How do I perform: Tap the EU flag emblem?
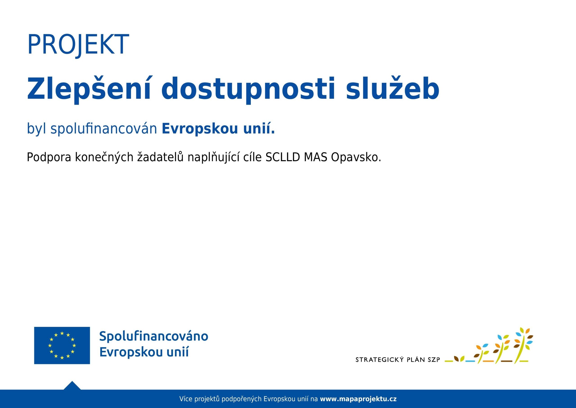(62, 345)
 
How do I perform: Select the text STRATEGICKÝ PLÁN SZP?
(398, 360)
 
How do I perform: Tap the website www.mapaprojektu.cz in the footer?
(358, 399)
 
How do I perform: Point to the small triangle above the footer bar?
(72, 385)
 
